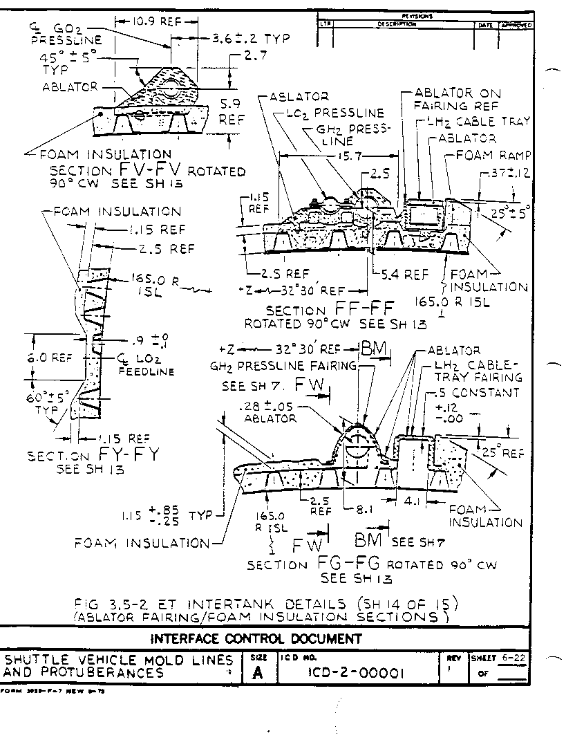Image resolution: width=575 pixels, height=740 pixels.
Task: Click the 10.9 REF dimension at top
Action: tap(149, 21)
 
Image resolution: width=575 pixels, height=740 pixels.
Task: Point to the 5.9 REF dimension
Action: tap(227, 111)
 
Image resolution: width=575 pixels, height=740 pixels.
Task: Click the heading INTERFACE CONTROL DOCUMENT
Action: tap(256, 638)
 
